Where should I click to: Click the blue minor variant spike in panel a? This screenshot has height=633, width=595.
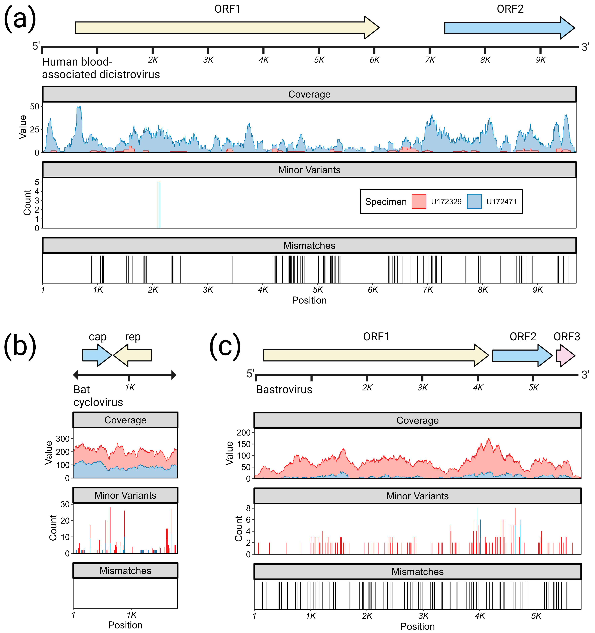tap(159, 205)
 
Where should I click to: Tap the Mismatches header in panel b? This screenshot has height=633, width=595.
tap(125, 571)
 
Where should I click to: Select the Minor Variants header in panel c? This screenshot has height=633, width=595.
tap(417, 496)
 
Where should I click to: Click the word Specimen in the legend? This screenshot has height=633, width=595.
tap(386, 202)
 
